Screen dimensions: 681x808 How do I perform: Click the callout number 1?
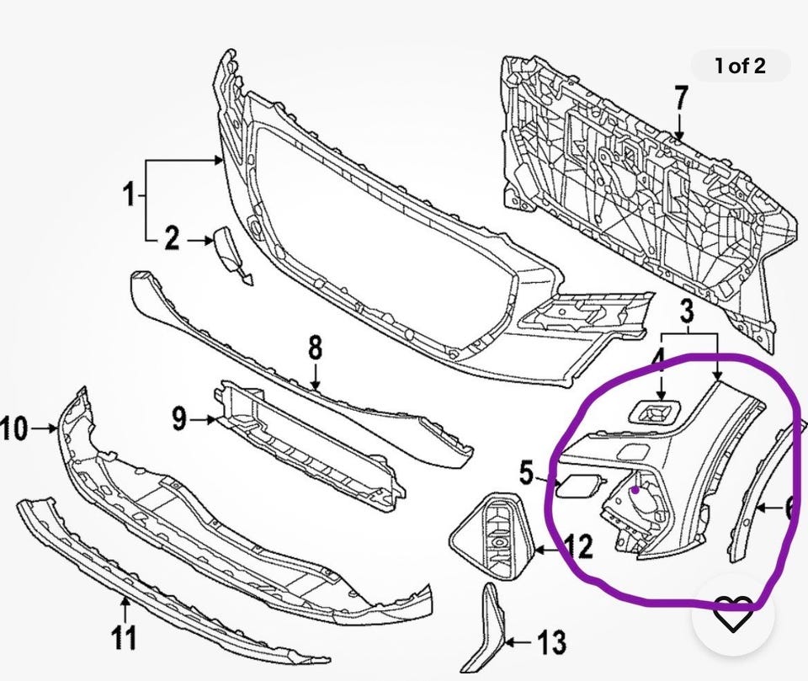[x=129, y=196]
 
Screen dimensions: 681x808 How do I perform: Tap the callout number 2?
[x=172, y=240]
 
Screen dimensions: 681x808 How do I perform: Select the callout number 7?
[x=681, y=98]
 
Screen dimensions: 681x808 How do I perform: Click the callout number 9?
[x=178, y=418]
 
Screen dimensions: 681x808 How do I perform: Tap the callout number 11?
[x=125, y=637]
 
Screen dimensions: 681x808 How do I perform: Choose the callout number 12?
[x=579, y=548]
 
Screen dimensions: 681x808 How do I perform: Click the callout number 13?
[x=552, y=644]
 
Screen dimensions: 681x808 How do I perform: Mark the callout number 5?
[x=526, y=474]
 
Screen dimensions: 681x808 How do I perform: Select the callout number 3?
[x=687, y=312]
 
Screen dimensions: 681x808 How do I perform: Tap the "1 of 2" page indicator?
[x=741, y=67]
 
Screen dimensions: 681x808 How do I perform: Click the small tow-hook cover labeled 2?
[x=229, y=251]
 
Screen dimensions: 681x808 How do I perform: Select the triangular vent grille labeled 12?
[x=494, y=539]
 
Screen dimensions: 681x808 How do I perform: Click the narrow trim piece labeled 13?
[x=492, y=619]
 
